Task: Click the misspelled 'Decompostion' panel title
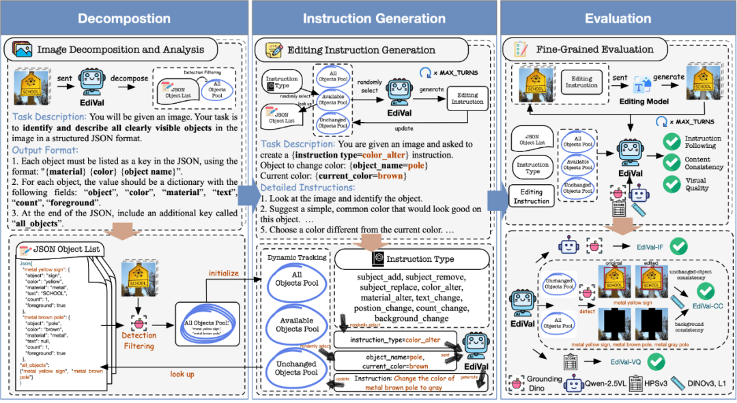coord(124,18)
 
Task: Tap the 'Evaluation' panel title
coord(618,18)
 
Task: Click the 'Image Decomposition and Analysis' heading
coord(121,49)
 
